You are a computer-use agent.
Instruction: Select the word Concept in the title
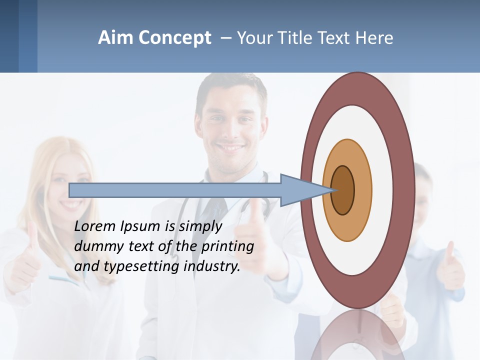pyautogui.click(x=175, y=38)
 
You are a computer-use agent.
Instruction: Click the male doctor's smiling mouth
pyautogui.click(x=230, y=148)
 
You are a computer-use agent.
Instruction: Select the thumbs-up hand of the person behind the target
pyautogui.click(x=450, y=270)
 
